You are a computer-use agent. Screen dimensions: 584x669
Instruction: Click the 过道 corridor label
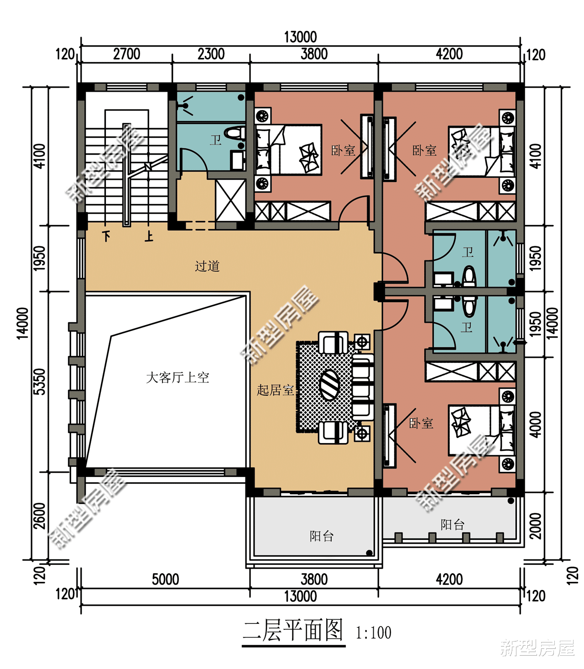[x=207, y=266]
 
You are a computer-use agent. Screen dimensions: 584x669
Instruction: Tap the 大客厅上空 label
[x=177, y=378]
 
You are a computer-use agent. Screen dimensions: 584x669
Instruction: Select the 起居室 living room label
[x=275, y=390]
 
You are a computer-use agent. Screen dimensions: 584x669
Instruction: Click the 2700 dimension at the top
[x=127, y=54]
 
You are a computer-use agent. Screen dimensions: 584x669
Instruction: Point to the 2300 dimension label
[x=211, y=54]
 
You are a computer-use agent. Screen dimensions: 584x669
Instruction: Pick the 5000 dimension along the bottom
[x=165, y=580]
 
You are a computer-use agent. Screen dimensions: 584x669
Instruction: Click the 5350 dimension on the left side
[x=40, y=381]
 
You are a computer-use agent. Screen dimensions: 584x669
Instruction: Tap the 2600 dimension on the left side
[x=40, y=516]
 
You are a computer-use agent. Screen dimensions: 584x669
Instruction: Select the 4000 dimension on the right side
[x=535, y=424]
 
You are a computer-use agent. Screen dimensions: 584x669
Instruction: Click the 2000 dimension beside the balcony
[x=535, y=526]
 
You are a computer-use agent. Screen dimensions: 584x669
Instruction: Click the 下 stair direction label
[x=106, y=236]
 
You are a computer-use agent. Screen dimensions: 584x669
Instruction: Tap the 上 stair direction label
[x=149, y=236]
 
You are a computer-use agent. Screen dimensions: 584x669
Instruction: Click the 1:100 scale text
[x=373, y=632]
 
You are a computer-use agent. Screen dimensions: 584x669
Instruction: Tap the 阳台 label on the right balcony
[x=452, y=524]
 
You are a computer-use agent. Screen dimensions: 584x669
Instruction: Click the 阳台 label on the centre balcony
[x=322, y=536]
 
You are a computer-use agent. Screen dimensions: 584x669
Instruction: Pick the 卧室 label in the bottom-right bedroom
[x=421, y=423]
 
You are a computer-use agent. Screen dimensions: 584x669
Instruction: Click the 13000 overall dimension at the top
[x=301, y=37]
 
